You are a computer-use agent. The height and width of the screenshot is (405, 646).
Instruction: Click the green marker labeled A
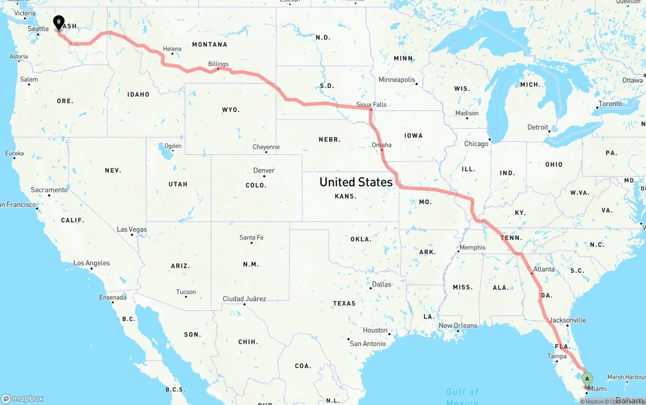coord(586,379)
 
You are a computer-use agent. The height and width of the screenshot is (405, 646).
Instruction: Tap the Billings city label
coord(218,64)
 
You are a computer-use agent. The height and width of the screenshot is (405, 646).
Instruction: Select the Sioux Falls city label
coord(371,104)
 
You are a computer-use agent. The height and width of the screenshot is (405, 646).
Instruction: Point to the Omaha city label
coord(382,145)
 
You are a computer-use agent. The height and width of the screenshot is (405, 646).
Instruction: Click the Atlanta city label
coord(544,269)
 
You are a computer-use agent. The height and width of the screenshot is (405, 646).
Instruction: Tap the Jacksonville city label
coord(568,320)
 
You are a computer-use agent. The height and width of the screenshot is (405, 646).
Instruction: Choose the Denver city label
coord(264,170)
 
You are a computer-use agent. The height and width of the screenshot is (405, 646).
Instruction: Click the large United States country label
coord(356,182)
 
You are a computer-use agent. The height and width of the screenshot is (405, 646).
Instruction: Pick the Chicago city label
coord(476,144)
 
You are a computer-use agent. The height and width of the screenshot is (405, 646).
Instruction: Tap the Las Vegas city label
coord(132,229)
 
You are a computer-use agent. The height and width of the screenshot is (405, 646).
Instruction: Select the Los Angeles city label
coord(91,263)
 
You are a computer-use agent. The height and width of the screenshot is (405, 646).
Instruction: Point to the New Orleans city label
coord(458,325)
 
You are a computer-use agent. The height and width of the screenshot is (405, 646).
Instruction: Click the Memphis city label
coord(472,248)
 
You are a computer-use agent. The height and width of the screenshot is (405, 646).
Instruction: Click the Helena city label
coord(172,49)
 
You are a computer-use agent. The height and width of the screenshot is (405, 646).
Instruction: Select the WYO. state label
coord(231,109)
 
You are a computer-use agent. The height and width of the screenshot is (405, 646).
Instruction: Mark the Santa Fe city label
coord(251,238)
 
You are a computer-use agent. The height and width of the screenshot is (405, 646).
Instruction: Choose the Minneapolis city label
coord(397,80)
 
